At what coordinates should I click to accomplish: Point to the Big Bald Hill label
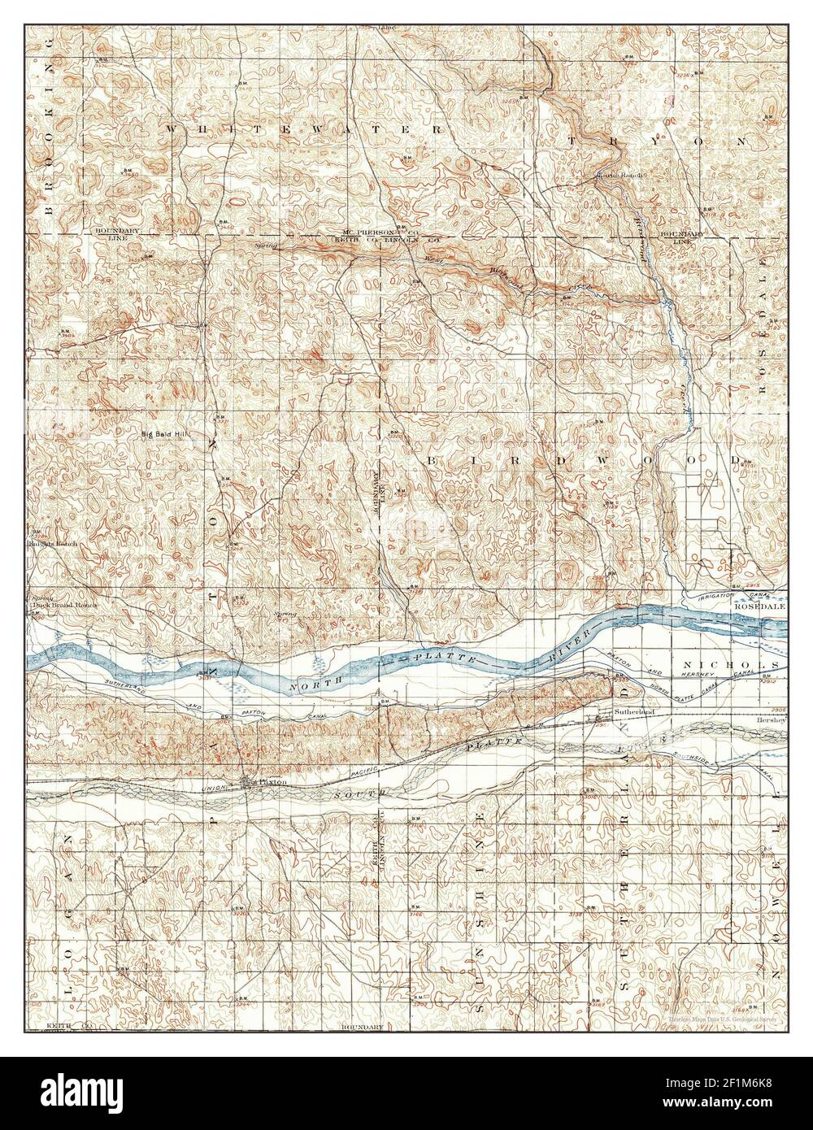pyautogui.click(x=166, y=434)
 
